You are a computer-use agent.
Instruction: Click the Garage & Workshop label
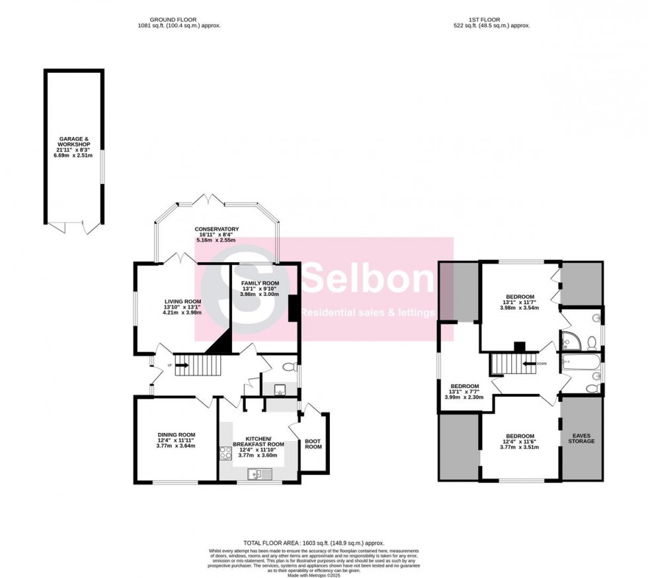73,146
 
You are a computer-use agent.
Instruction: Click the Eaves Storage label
582,438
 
